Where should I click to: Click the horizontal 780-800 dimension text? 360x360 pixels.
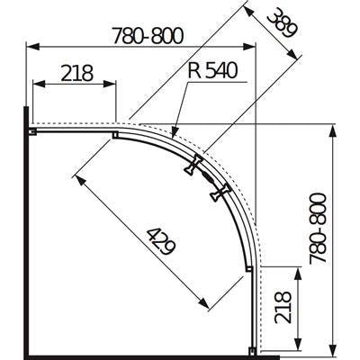tap(148, 36)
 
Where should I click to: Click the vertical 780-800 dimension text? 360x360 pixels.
tap(318, 229)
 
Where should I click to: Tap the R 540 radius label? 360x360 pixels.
tap(212, 71)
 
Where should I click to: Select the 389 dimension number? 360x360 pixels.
tap(283, 25)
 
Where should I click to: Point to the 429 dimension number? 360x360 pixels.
tap(161, 241)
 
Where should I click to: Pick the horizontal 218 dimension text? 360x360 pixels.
tap(76, 73)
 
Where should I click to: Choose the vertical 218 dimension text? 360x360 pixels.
tap(283, 307)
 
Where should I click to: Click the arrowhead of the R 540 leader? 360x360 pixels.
tap(175, 133)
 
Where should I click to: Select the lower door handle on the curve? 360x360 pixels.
tap(220, 193)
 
